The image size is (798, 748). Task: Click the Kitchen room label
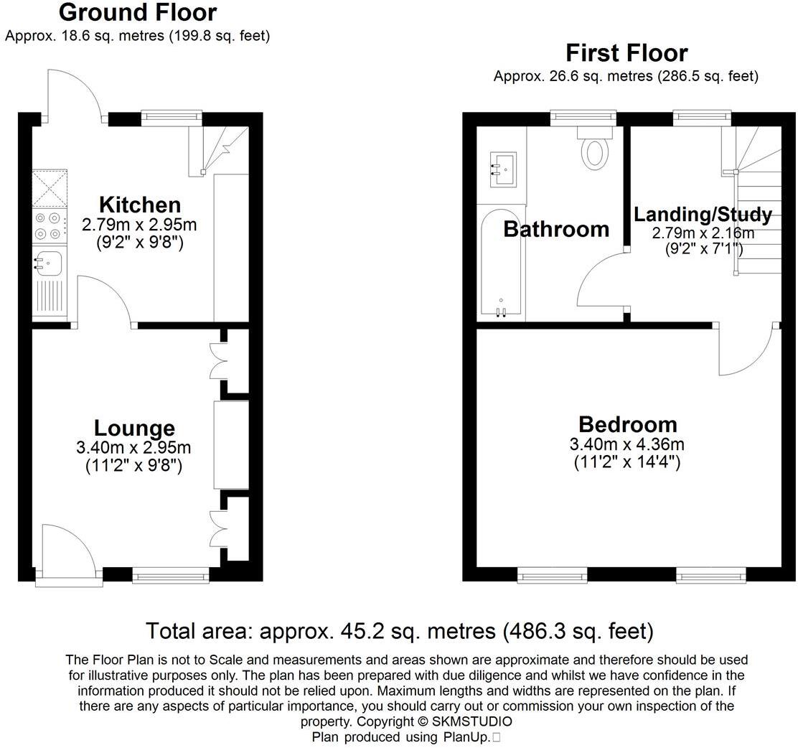click(x=140, y=205)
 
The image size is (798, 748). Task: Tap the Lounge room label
click(x=134, y=429)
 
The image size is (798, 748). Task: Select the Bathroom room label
click(x=556, y=229)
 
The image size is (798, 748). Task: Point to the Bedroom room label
click(x=627, y=425)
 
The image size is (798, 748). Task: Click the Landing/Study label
click(x=703, y=215)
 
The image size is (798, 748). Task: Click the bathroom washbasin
click(x=503, y=169)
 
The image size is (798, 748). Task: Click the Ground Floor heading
click(x=138, y=12)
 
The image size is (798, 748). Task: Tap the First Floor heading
click(x=626, y=53)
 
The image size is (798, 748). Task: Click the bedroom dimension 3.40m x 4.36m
click(x=627, y=444)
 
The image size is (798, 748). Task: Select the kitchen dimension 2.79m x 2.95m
click(x=139, y=225)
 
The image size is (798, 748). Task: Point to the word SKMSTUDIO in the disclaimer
click(x=471, y=721)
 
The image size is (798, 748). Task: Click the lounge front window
click(x=171, y=576)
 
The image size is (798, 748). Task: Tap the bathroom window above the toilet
click(x=583, y=118)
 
